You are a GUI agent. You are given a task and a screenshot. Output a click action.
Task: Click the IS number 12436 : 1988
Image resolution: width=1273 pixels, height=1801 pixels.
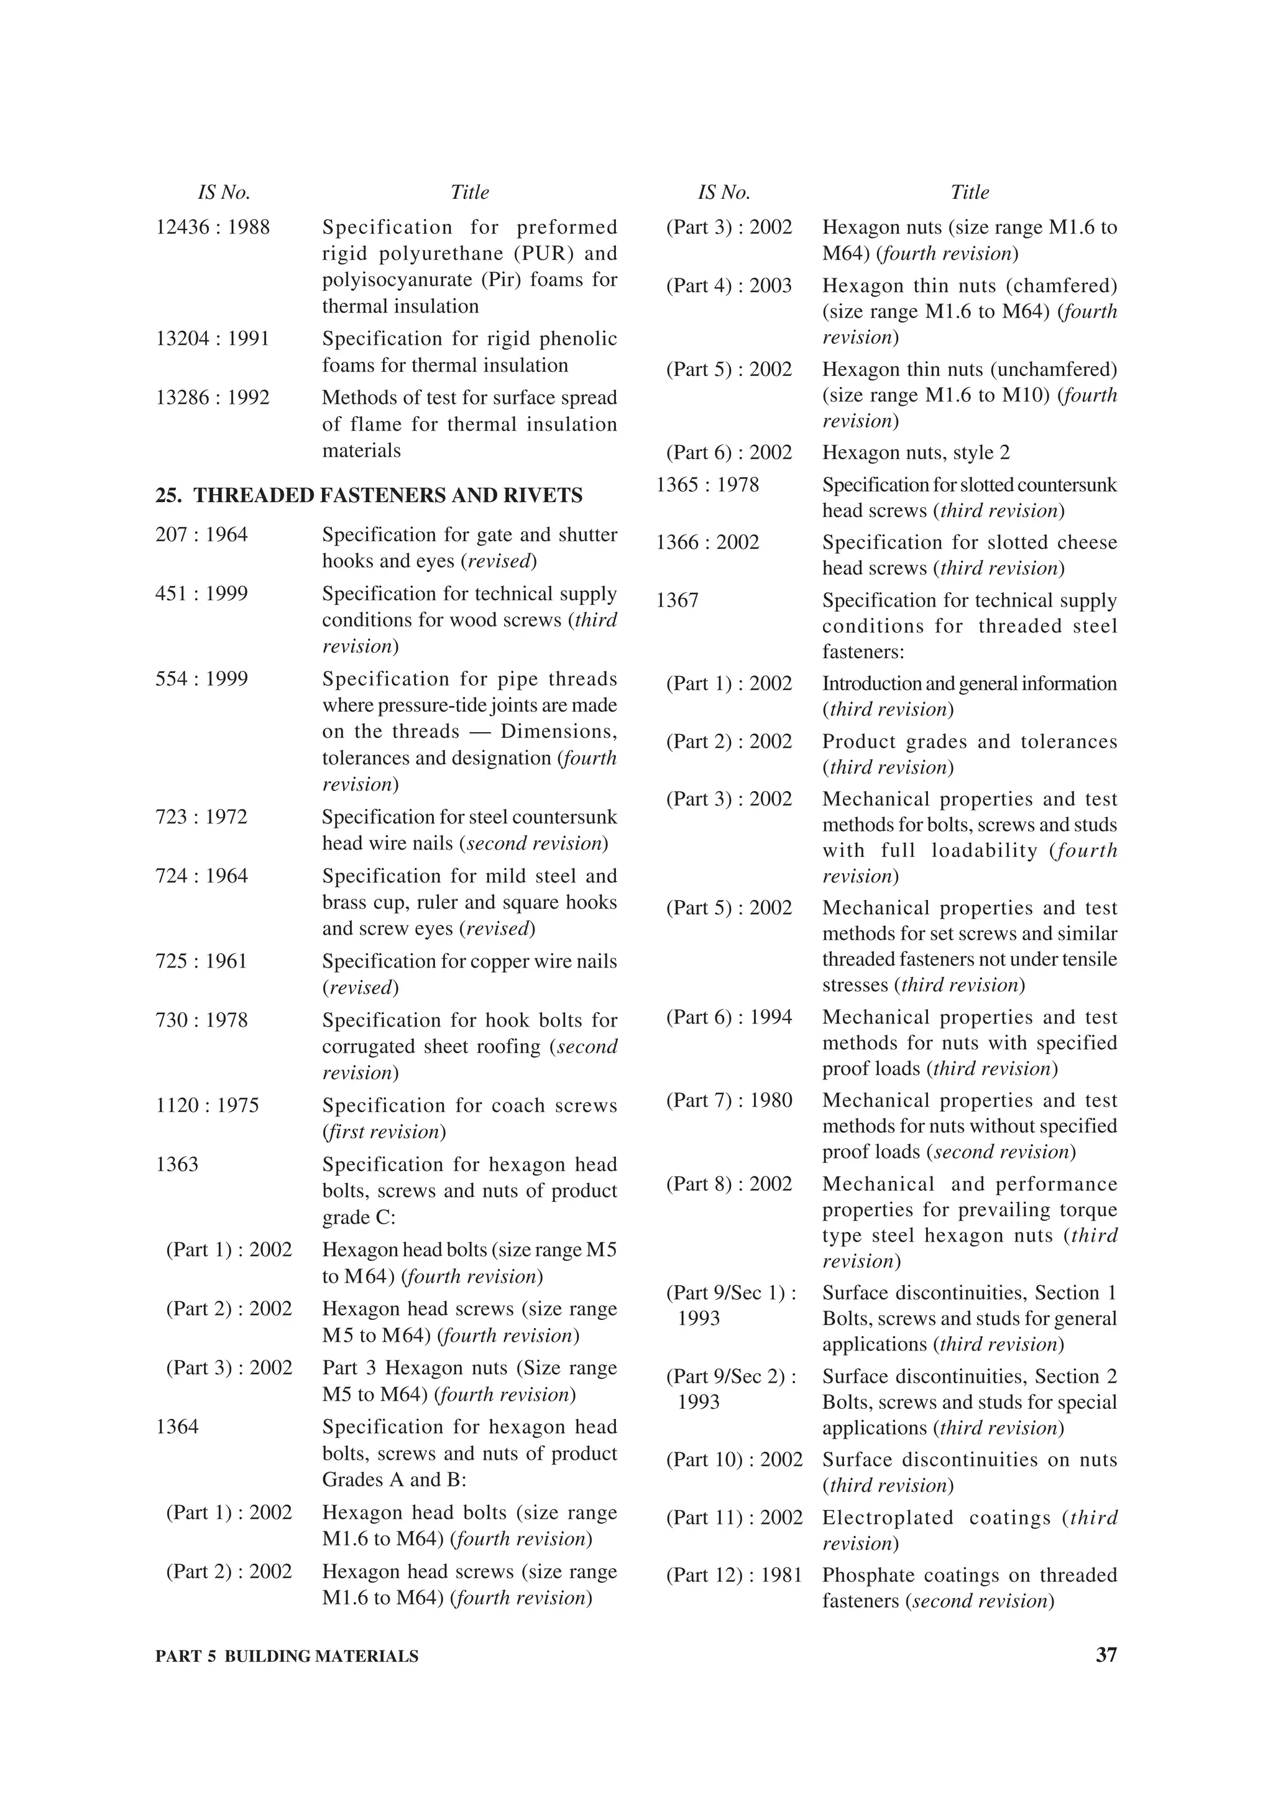point(213,227)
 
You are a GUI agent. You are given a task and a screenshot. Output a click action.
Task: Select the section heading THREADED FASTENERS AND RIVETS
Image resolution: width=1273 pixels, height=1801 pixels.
point(387,496)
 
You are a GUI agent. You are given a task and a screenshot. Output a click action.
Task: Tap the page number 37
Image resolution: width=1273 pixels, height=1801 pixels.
point(1105,1655)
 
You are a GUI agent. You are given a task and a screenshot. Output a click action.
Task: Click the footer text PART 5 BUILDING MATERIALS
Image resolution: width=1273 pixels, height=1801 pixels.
point(287,1657)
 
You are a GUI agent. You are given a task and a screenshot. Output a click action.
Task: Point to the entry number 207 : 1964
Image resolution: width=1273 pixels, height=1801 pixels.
point(201,535)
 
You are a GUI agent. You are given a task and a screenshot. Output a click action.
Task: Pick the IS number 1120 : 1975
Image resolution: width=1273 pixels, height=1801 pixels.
point(207,1106)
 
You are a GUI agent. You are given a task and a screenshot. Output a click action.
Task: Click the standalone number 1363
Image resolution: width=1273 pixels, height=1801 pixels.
point(177,1165)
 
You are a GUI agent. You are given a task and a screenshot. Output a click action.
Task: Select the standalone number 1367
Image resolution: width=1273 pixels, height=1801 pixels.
point(677,601)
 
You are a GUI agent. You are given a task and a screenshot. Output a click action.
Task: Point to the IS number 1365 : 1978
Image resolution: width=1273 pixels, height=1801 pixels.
point(707,485)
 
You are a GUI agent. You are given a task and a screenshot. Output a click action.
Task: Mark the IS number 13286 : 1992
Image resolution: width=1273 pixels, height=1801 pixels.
point(213,398)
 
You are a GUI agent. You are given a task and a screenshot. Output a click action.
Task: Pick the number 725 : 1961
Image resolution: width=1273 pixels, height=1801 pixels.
point(201,961)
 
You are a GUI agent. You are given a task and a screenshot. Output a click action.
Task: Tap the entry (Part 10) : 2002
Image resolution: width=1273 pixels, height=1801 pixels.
point(734,1460)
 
